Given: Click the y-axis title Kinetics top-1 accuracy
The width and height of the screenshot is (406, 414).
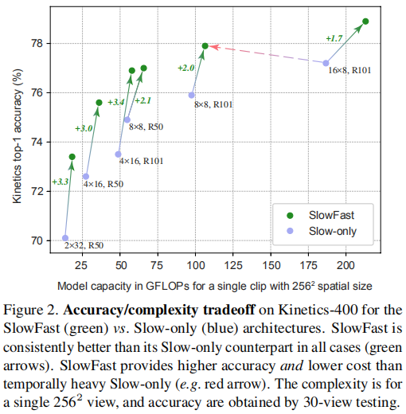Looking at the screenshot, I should click(17, 135).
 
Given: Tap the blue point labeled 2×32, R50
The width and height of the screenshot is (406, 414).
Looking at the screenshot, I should click(65, 237).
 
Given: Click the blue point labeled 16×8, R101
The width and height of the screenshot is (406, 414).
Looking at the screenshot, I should click(326, 63).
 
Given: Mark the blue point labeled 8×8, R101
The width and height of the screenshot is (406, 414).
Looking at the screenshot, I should click(192, 95).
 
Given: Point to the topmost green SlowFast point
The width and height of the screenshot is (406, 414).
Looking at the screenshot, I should click(365, 21).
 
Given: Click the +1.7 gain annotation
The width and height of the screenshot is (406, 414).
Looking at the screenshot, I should click(335, 37).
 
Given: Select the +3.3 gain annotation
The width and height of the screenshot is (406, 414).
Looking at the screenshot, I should click(61, 182).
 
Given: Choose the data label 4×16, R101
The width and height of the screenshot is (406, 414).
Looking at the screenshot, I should click(142, 161).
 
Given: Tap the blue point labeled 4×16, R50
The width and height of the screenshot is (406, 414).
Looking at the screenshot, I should click(86, 176).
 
